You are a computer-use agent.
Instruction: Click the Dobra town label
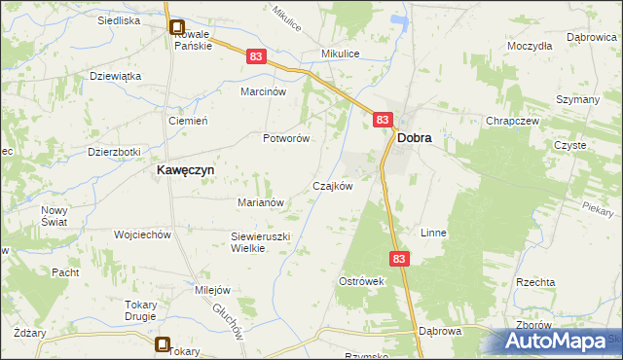click(415, 139)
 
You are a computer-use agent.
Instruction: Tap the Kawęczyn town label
click(186, 168)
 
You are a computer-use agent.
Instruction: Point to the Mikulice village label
click(342, 54)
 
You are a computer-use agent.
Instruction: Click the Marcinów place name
click(263, 92)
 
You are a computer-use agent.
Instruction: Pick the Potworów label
click(286, 138)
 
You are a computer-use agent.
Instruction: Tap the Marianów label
click(260, 202)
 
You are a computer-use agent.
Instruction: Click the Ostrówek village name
click(362, 281)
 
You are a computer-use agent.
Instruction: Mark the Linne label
click(432, 234)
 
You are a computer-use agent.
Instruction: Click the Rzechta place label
click(535, 282)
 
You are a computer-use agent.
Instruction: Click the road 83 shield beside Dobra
click(383, 120)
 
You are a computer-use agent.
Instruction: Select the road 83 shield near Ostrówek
click(401, 259)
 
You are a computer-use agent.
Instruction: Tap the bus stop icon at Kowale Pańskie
click(177, 29)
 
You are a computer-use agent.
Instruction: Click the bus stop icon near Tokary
click(163, 343)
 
